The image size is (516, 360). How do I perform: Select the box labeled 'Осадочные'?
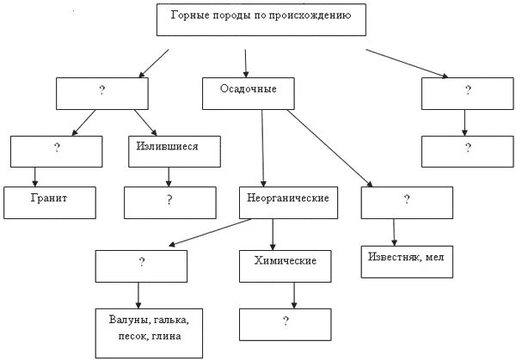pos(251,93)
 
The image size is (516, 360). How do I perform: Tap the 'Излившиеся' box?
pos(167,150)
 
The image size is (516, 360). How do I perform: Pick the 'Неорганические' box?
pos(285,202)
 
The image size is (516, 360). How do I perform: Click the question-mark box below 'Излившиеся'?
pos(169,203)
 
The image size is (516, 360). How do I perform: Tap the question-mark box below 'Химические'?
pos(285,324)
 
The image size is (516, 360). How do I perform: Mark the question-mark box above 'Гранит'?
pos(56,150)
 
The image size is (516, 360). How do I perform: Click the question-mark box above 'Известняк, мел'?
pos(406,201)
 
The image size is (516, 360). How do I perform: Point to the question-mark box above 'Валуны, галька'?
pos(139,265)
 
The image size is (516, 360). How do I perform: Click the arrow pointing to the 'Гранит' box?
pos(36,176)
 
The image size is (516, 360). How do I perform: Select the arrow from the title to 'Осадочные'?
pos(246,63)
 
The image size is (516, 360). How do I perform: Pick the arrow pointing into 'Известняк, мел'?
pos(394,232)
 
